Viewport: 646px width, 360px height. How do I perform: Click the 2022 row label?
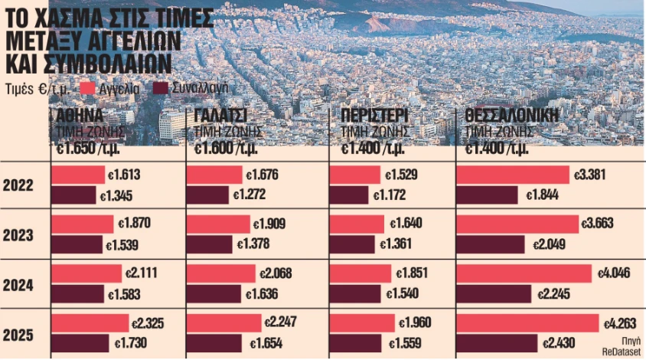tap(21, 185)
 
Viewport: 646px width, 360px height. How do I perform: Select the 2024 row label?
tap(21, 284)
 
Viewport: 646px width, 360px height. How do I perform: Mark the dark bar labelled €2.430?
tap(497, 342)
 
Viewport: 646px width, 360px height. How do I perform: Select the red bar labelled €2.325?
tap(90, 322)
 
